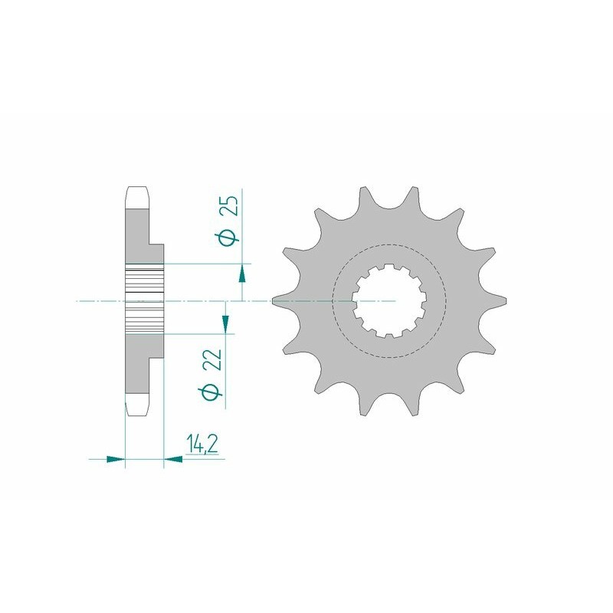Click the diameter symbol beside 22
(x=215, y=392)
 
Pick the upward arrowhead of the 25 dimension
(x=242, y=273)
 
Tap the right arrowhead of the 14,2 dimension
(x=173, y=460)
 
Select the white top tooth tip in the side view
(x=136, y=198)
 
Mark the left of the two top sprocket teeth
(x=362, y=198)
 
